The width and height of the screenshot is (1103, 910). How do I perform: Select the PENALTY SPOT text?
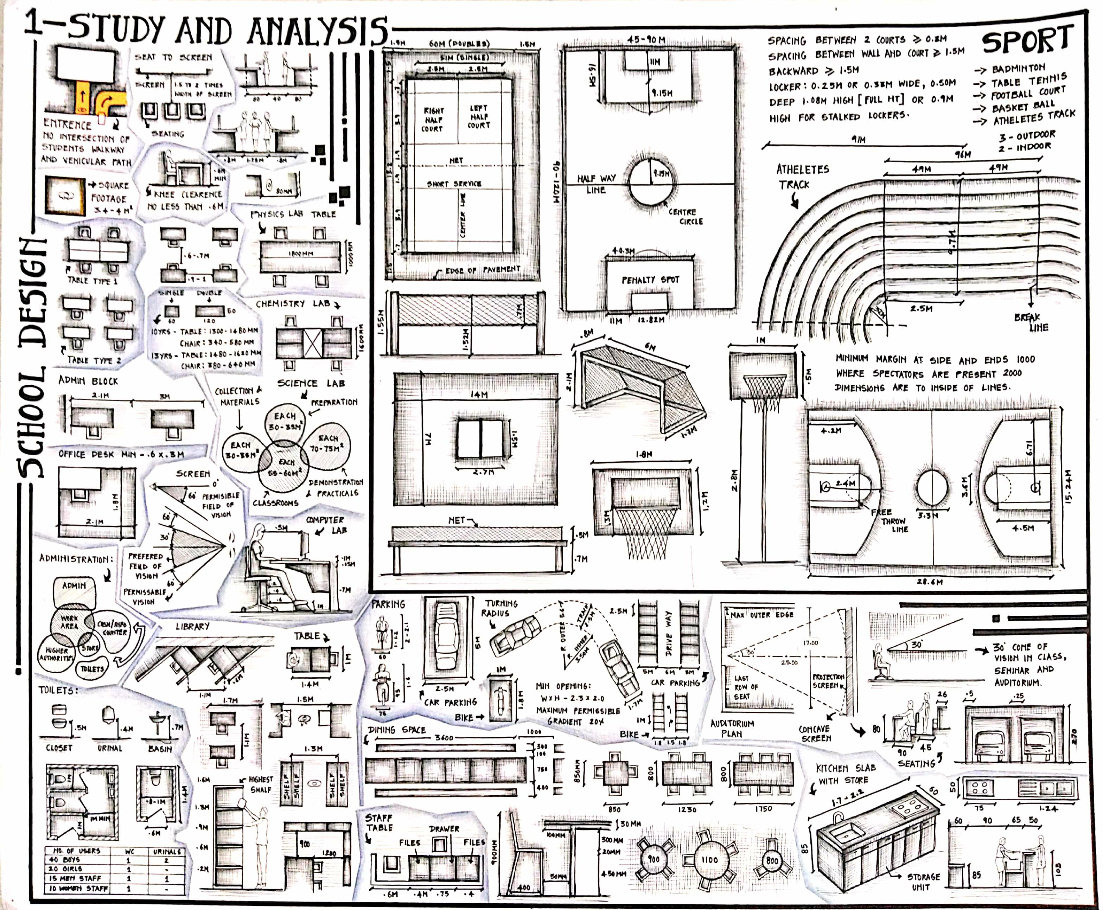tap(650, 280)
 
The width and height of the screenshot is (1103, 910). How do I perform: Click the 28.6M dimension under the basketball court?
tap(930, 581)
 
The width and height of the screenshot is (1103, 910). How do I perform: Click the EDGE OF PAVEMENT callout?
tap(482, 270)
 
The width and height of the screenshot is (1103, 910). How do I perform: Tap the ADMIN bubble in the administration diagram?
tap(74, 585)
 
